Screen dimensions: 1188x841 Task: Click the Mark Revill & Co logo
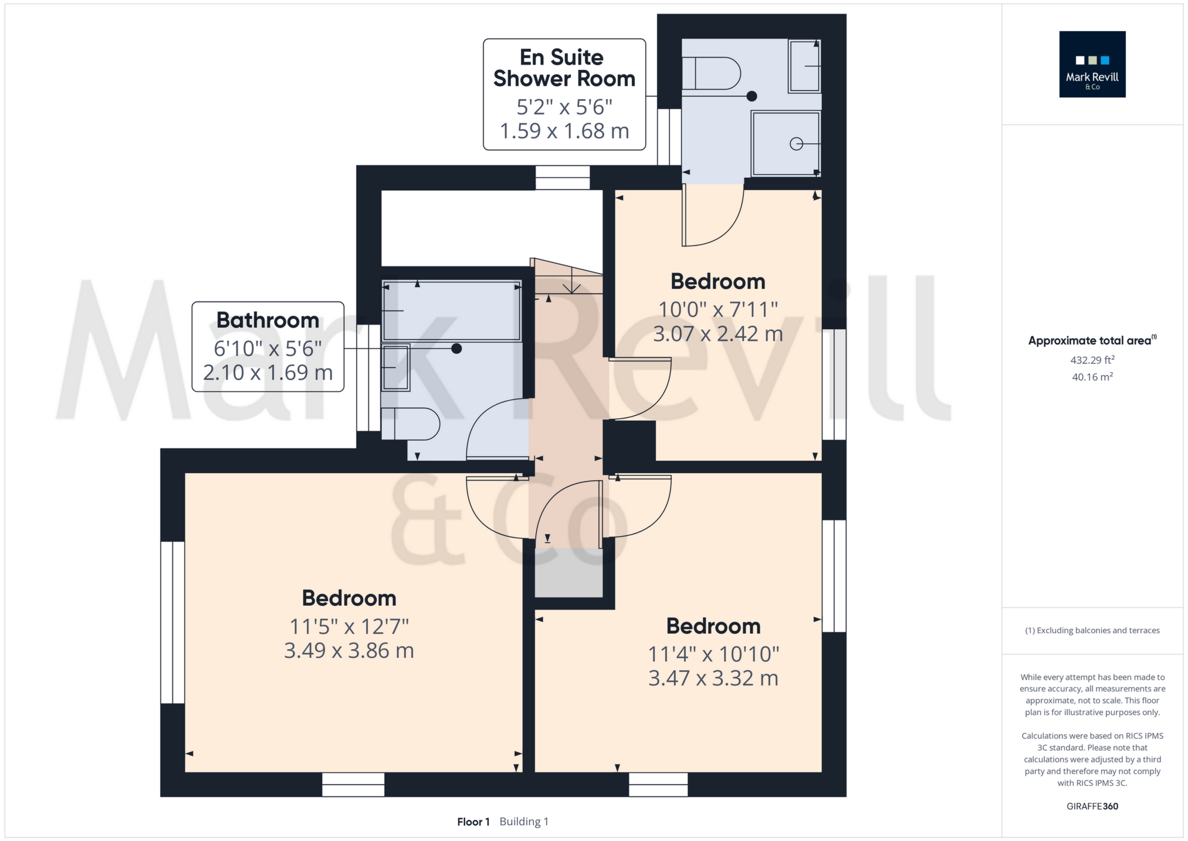(1092, 64)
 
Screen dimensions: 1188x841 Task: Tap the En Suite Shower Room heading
(564, 68)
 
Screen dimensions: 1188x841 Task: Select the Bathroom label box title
(268, 320)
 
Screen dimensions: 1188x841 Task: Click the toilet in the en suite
(712, 73)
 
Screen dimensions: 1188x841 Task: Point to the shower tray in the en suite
(786, 143)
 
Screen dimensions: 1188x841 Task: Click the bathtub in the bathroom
(451, 310)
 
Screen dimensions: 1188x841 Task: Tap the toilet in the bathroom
(411, 424)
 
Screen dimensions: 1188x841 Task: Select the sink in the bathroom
(395, 367)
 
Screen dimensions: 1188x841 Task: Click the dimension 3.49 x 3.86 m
(349, 651)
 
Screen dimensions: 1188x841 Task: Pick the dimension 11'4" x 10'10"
(713, 654)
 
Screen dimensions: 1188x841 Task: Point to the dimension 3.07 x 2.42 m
(718, 334)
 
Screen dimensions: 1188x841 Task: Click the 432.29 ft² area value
(1092, 360)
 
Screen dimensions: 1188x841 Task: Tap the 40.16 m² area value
(1092, 377)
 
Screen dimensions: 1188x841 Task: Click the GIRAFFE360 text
(1092, 806)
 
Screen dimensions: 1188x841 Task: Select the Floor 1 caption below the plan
(473, 822)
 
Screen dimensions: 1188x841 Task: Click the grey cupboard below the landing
(568, 573)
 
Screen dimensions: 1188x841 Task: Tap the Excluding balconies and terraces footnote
(1092, 630)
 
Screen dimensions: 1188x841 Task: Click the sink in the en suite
(804, 66)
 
